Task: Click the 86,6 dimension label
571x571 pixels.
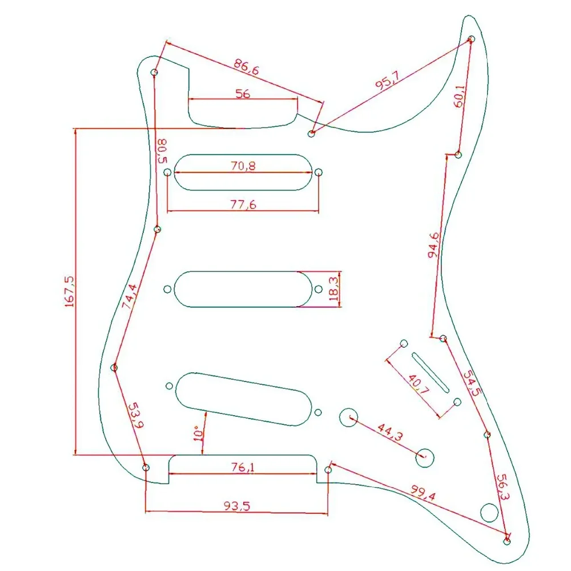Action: [246, 69]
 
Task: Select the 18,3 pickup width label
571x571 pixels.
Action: [333, 288]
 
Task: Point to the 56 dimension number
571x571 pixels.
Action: [243, 94]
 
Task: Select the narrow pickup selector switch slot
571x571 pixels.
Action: [430, 372]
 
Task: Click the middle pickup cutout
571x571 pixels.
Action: [243, 289]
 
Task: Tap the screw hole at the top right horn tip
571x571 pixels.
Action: [472, 39]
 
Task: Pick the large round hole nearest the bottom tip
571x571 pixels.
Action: [489, 512]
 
